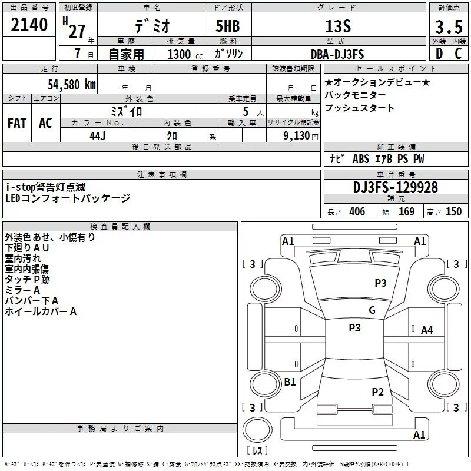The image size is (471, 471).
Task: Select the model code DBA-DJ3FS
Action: (x=337, y=55)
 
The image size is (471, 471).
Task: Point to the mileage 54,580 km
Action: (x=71, y=84)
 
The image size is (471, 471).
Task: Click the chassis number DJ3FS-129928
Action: (x=396, y=187)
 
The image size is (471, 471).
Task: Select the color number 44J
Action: (x=97, y=135)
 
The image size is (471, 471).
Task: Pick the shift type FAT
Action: (x=17, y=122)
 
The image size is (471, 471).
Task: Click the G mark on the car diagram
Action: (x=372, y=310)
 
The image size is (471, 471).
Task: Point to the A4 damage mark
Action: (x=427, y=330)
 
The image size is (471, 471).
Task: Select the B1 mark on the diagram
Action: (x=290, y=382)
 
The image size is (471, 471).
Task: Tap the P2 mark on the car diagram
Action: (x=377, y=392)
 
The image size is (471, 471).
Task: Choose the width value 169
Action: (x=406, y=212)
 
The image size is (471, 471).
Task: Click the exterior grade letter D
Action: (x=439, y=54)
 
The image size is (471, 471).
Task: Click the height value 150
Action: (x=453, y=212)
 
